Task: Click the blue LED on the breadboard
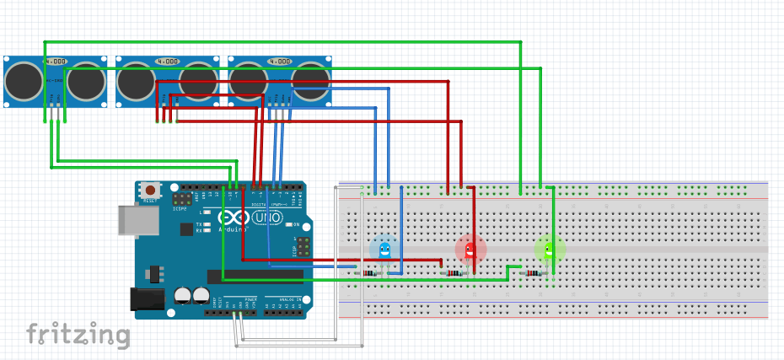click(x=385, y=249)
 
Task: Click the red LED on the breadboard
click(x=470, y=249)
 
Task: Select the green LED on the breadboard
click(x=550, y=248)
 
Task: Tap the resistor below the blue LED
click(x=368, y=273)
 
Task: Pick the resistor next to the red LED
click(x=454, y=273)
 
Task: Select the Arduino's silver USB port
click(x=137, y=218)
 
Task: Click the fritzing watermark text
click(x=78, y=335)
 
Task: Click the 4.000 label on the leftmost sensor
click(x=56, y=62)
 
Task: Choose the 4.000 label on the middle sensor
click(x=168, y=62)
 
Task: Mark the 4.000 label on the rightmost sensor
click(x=280, y=62)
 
